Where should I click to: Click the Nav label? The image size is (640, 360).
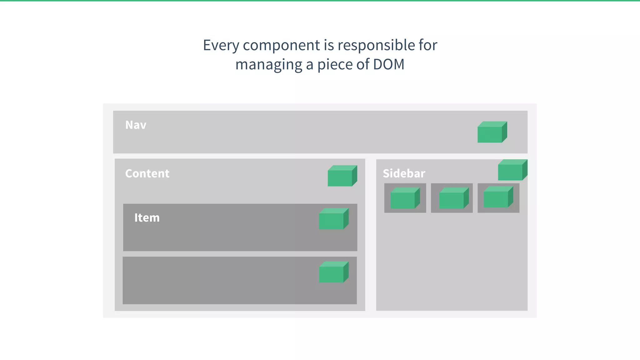tap(136, 125)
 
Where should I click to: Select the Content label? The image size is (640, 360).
tap(147, 173)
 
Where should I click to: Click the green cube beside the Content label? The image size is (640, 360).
tap(342, 176)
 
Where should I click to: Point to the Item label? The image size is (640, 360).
tap(147, 218)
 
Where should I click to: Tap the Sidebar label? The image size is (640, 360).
tap(404, 173)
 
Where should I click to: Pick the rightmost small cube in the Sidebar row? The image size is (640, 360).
tap(498, 197)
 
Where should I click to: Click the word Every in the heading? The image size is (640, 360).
tap(220, 45)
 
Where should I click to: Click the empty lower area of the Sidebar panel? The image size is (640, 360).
tap(452, 262)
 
